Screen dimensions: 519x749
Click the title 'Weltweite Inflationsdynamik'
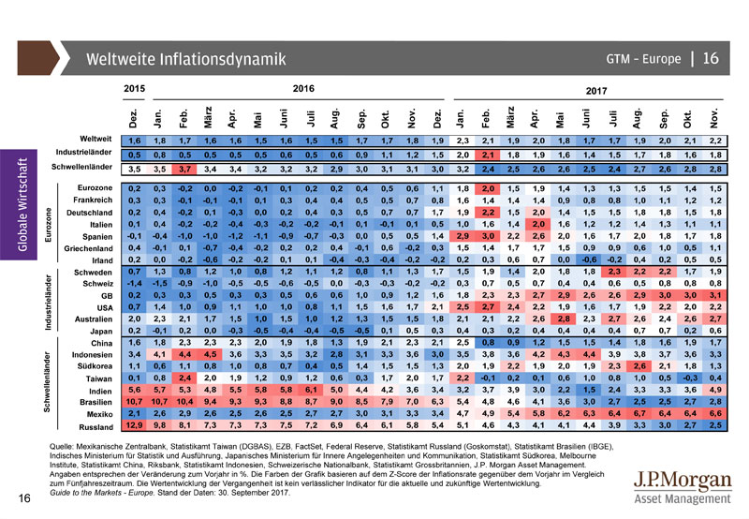(185, 60)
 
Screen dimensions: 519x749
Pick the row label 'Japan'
(102, 330)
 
